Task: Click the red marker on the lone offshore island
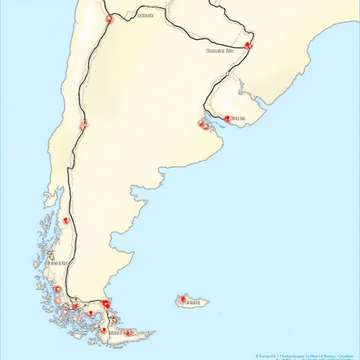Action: pyautogui.click(x=182, y=300)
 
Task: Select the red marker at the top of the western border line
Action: pyautogui.click(x=109, y=19)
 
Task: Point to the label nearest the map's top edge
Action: pyautogui.click(x=145, y=15)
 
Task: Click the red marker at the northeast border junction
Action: pyautogui.click(x=248, y=45)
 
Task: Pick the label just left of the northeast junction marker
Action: pyautogui.click(x=220, y=51)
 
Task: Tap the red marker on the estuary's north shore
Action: pyautogui.click(x=227, y=119)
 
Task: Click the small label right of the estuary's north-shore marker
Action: pyautogui.click(x=238, y=118)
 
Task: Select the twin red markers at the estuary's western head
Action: pyautogui.click(x=203, y=124)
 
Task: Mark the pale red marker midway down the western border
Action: pyautogui.click(x=83, y=124)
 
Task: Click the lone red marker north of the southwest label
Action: pyautogui.click(x=66, y=221)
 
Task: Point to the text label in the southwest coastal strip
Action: pyautogui.click(x=57, y=263)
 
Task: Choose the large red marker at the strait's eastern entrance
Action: pyautogui.click(x=105, y=303)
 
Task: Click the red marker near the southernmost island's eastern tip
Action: pyautogui.click(x=128, y=332)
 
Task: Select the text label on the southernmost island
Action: pyautogui.click(x=115, y=333)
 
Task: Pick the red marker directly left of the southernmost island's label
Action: pyautogui.click(x=103, y=330)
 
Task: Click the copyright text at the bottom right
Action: pyautogui.click(x=304, y=356)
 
